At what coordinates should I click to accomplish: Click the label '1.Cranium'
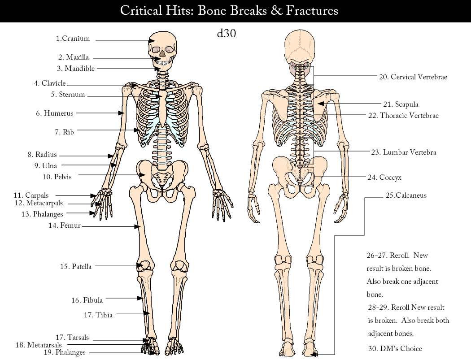coord(73,39)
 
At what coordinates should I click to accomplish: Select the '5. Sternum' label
coord(68,95)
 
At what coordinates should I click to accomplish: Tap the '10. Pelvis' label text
coord(57,177)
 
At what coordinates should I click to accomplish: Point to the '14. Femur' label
coord(65,226)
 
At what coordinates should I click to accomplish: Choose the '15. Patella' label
coord(76,267)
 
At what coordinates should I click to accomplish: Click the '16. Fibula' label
coord(87,300)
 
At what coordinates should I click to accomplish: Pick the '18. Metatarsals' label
coord(39,345)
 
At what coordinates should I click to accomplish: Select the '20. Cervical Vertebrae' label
coord(413,77)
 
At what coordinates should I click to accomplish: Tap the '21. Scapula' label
coord(401,104)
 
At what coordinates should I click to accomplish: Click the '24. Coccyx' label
coord(384,178)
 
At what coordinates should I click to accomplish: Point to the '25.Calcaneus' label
coord(406,195)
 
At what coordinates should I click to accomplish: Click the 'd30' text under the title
coord(227,34)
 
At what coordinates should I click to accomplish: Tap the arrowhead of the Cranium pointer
coord(151,41)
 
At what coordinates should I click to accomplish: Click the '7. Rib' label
coord(65,132)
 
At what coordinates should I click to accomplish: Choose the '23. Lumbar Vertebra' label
coord(404,152)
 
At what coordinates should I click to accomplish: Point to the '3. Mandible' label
coord(76,69)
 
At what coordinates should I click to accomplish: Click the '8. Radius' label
coord(42,155)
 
